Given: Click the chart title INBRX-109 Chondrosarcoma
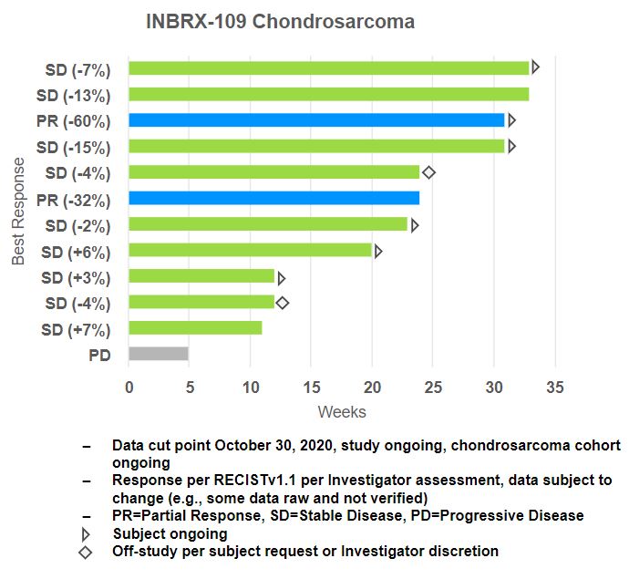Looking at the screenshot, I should pyautogui.click(x=280, y=22).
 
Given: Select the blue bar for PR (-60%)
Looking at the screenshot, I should pyautogui.click(x=316, y=119).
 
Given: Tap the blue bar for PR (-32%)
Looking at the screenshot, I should pyautogui.click(x=273, y=198).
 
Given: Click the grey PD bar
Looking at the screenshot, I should pyautogui.click(x=159, y=354).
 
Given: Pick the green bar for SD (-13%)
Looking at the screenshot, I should pyautogui.click(x=328, y=94).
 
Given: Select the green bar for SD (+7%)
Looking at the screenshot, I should pyautogui.click(x=195, y=328).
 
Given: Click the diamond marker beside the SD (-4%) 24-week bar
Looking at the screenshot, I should pyautogui.click(x=429, y=171).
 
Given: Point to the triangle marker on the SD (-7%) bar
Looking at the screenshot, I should pyautogui.click(x=536, y=67).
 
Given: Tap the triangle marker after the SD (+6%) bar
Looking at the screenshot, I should pyautogui.click(x=378, y=251).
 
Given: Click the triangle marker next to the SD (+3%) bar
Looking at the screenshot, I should pyautogui.click(x=282, y=277).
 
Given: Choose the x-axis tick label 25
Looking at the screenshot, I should pyautogui.click(x=433, y=387).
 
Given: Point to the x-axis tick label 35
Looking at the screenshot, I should pyautogui.click(x=554, y=387).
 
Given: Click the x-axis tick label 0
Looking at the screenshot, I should pyautogui.click(x=129, y=387).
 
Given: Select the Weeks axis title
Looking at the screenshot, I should pyautogui.click(x=342, y=412).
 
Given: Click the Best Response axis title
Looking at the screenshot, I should pyautogui.click(x=19, y=211).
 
